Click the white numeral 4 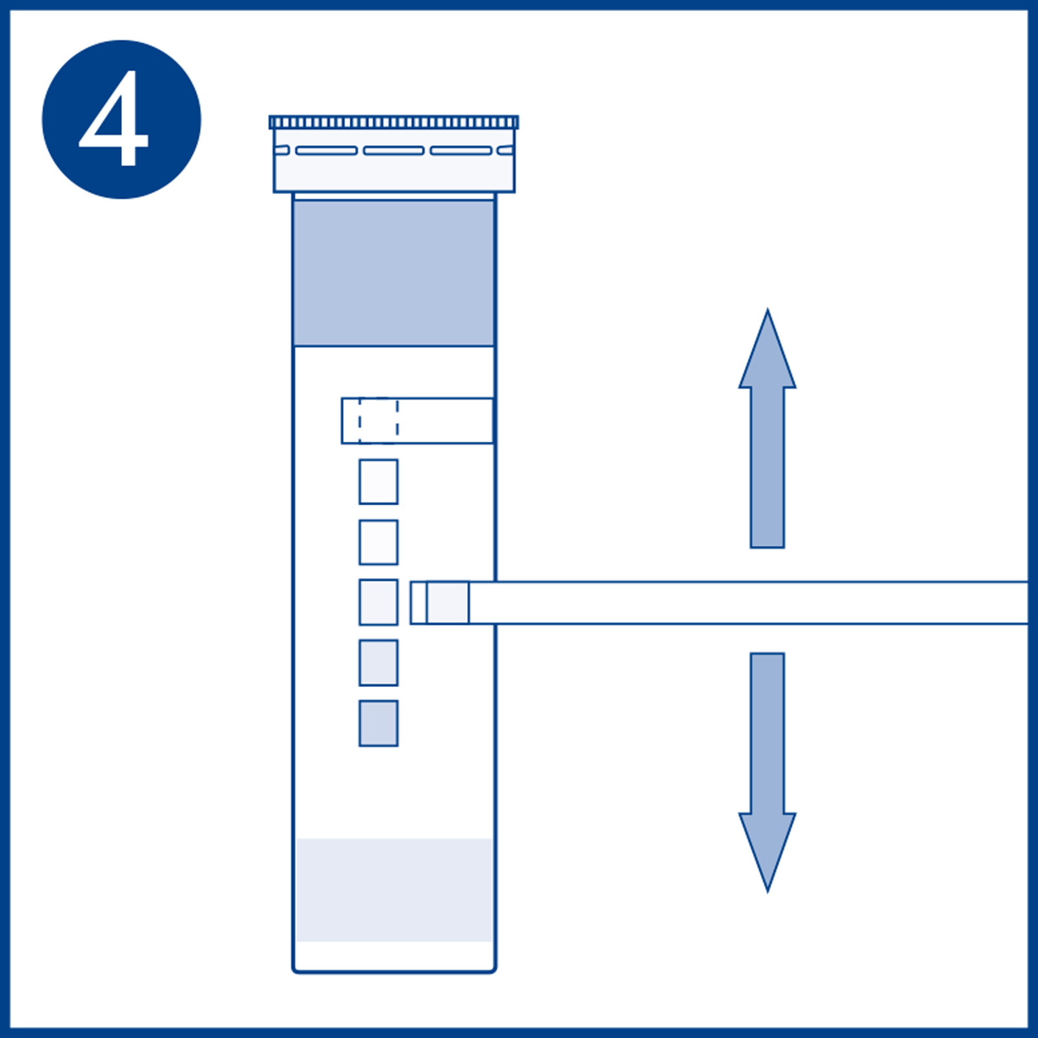[115, 121]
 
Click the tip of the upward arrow [767, 313]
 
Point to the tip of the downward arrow [767, 889]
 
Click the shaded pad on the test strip [448, 603]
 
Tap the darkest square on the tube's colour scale [378, 723]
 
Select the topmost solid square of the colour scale [378, 482]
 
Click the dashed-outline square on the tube [378, 420]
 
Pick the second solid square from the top [378, 542]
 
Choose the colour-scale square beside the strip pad [378, 603]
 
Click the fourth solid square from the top [378, 663]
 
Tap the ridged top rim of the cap [394, 123]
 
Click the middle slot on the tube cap [394, 151]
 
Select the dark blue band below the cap [394, 272]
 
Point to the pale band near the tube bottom [394, 889]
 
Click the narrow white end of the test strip [418, 603]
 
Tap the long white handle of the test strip [746, 603]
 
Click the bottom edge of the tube [394, 971]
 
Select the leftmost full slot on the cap [326, 151]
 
